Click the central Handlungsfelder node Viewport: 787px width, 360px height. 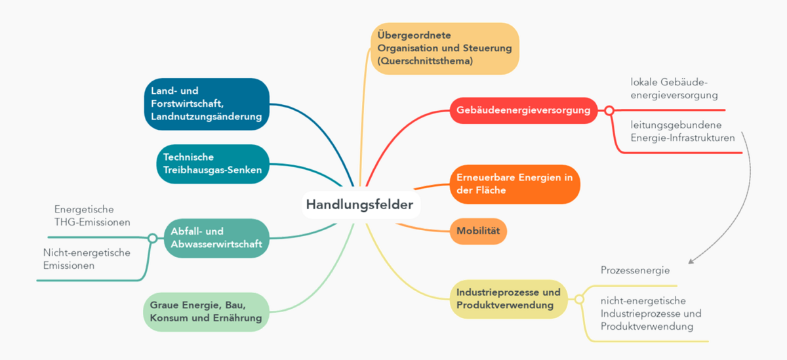(359, 205)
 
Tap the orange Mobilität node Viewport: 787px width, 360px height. (478, 231)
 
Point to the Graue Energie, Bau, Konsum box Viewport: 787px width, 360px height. (206, 312)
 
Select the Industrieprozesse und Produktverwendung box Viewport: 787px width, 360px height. (508, 299)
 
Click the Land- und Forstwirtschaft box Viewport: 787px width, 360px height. (206, 104)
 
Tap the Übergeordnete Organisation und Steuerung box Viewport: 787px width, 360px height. (445, 48)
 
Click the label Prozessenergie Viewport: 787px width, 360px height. (635, 270)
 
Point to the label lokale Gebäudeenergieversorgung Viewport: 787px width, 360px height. (669, 89)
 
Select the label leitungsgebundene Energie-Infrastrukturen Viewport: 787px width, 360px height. (683, 131)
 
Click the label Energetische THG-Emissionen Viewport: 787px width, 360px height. (92, 215)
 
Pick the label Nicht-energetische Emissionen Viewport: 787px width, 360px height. (87, 259)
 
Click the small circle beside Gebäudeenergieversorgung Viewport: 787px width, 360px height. (609, 110)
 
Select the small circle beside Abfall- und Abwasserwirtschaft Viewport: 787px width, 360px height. (152, 238)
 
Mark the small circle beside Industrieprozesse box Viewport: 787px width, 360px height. (579, 299)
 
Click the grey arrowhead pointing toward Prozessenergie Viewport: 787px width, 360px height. (691, 260)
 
